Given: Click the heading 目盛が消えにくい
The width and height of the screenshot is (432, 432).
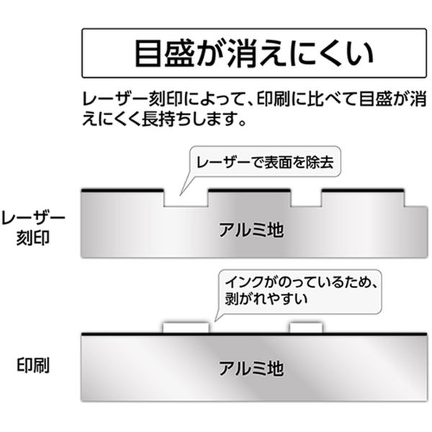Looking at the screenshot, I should click(x=254, y=53).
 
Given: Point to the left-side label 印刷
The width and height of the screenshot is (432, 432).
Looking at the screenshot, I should click(x=33, y=364).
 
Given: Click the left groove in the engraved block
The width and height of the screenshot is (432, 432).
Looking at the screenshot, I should click(x=186, y=199).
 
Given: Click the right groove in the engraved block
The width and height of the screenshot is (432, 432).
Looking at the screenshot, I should click(x=305, y=199).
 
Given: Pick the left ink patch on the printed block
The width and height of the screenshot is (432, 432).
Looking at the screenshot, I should click(x=186, y=328).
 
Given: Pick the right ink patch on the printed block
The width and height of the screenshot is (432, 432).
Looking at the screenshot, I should click(x=305, y=328).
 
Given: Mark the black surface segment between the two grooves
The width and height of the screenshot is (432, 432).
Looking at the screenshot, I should click(x=249, y=190).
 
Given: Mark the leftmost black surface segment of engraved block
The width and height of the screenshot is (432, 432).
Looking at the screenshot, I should click(x=122, y=190).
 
